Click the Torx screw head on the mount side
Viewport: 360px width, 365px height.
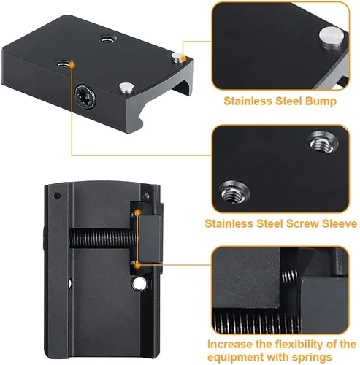tap(85, 96)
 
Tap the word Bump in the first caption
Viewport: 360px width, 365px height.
tap(321, 101)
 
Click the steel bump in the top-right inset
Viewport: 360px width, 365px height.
tap(332, 38)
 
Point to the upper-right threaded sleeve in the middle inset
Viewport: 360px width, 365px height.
tap(323, 142)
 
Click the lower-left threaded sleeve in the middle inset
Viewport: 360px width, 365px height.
tap(234, 192)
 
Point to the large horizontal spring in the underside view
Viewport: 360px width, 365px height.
tap(102, 238)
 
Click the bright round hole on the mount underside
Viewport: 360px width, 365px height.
tap(139, 283)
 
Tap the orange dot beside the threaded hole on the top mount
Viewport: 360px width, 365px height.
tap(72, 64)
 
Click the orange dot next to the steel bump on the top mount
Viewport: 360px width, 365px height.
tap(184, 58)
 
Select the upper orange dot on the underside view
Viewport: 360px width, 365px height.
tap(138, 212)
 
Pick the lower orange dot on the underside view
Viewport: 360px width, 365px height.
tap(138, 266)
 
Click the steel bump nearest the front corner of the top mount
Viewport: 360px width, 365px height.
tap(126, 88)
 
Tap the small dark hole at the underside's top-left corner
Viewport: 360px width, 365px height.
tap(57, 196)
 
